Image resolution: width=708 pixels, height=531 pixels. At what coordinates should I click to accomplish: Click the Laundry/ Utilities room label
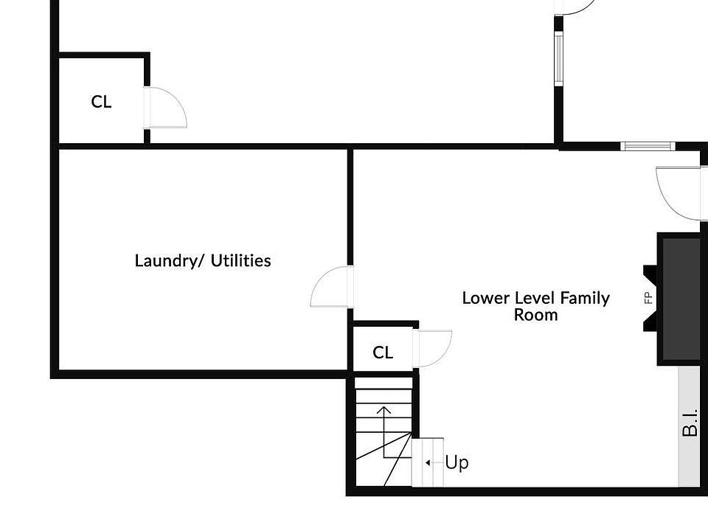[203, 260]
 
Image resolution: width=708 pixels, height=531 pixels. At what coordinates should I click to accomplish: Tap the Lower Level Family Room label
[535, 306]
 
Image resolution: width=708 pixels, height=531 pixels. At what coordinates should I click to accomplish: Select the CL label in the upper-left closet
[101, 102]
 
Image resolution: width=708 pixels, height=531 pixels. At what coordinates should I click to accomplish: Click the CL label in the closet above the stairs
[383, 353]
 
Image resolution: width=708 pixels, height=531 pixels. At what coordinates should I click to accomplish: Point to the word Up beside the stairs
[457, 463]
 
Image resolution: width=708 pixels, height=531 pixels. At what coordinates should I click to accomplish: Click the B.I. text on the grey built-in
[690, 422]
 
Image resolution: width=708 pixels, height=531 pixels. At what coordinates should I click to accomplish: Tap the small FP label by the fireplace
[649, 299]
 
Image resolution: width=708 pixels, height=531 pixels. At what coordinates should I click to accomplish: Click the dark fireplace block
[680, 298]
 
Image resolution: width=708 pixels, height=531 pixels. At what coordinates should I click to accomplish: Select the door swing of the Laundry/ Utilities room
[330, 288]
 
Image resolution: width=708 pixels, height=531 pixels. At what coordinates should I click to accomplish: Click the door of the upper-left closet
[167, 108]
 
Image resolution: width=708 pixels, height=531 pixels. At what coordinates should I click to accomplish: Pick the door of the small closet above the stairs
[434, 348]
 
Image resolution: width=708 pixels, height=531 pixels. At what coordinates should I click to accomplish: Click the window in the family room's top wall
[647, 146]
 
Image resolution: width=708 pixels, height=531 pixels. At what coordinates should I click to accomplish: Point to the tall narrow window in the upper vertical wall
[559, 58]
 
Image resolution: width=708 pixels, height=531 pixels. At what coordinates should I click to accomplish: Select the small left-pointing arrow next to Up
[428, 463]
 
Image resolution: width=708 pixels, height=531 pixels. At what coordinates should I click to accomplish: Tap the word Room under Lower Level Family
[535, 315]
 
